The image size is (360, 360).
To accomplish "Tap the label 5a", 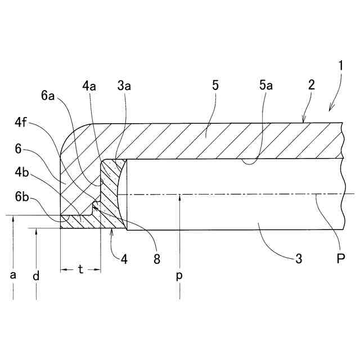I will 266,86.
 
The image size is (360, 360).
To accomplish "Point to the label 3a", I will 125,86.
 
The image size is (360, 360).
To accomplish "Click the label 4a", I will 89,86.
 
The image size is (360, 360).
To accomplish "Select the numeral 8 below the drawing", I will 156,259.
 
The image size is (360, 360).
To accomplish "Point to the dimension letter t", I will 80,270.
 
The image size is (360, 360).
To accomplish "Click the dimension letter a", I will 12,276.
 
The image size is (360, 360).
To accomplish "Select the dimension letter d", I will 35,276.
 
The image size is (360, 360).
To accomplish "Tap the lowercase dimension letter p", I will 179,277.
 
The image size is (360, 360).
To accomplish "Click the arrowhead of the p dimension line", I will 179,197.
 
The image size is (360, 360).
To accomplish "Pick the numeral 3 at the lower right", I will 299,259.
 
